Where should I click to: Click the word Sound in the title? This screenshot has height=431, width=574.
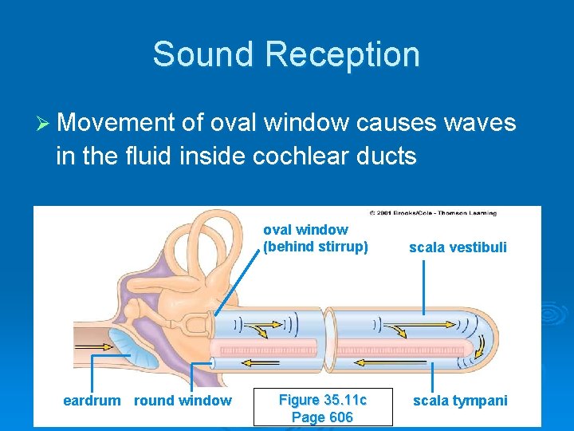point(203,54)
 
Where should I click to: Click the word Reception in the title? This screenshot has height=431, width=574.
point(343,54)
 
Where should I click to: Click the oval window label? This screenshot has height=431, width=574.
point(305,230)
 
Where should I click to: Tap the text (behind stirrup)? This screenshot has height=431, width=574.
point(316,247)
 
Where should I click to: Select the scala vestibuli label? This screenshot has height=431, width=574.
point(458,247)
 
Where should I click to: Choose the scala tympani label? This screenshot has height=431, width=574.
point(460,401)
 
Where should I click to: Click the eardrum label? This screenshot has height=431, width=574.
point(92,401)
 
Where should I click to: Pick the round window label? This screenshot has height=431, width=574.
point(183,401)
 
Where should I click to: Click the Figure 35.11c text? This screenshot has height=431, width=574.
point(322,399)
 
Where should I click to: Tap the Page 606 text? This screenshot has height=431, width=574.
point(322,417)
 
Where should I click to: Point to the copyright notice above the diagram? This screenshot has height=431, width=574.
point(433,213)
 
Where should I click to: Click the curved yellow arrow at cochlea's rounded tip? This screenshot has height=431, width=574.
point(481,346)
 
